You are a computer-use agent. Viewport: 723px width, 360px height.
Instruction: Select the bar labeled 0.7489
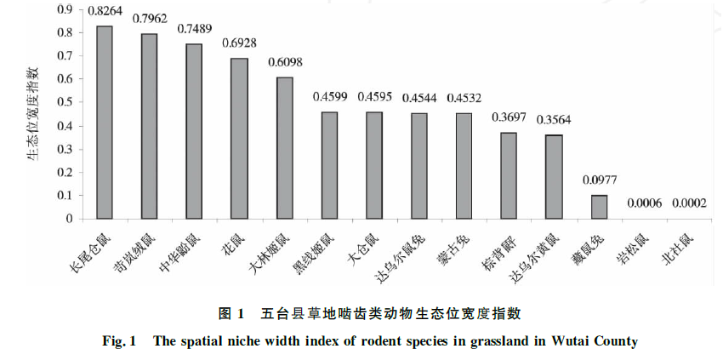[x=194, y=131]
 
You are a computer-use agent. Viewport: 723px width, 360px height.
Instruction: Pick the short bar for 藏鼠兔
[x=599, y=207]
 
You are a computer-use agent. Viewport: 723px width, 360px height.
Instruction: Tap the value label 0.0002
[x=689, y=203]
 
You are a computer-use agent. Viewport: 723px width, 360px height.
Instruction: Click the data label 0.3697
[x=509, y=117]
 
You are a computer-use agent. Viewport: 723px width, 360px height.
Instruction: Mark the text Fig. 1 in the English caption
[x=121, y=341]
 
